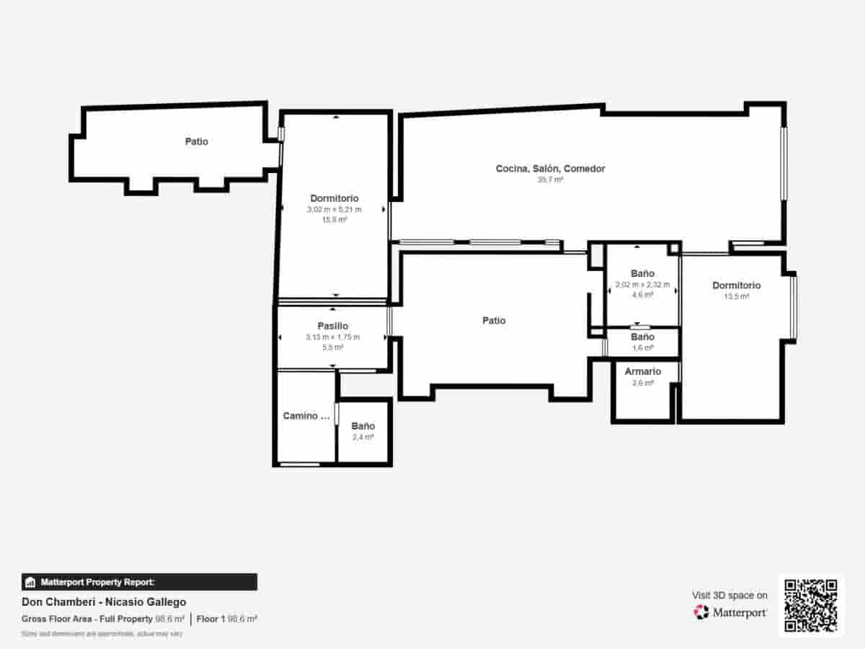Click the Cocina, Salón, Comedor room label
(x=550, y=169)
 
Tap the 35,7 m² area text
(x=550, y=180)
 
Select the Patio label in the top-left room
(x=196, y=142)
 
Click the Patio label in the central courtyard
(x=494, y=321)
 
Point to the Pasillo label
(x=333, y=327)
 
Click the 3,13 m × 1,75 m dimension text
(x=333, y=337)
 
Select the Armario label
(x=642, y=372)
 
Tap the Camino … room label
(x=306, y=416)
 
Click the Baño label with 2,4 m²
(x=363, y=427)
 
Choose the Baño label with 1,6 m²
(x=642, y=337)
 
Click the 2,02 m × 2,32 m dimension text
(x=642, y=285)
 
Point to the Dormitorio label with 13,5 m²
(x=736, y=286)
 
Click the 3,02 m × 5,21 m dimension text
(x=334, y=210)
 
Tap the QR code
(x=811, y=606)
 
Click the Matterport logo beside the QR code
(x=730, y=613)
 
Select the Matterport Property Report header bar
(x=139, y=582)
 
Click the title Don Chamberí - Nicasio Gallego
(x=104, y=602)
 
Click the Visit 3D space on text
(x=729, y=596)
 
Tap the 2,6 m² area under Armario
(x=642, y=383)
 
